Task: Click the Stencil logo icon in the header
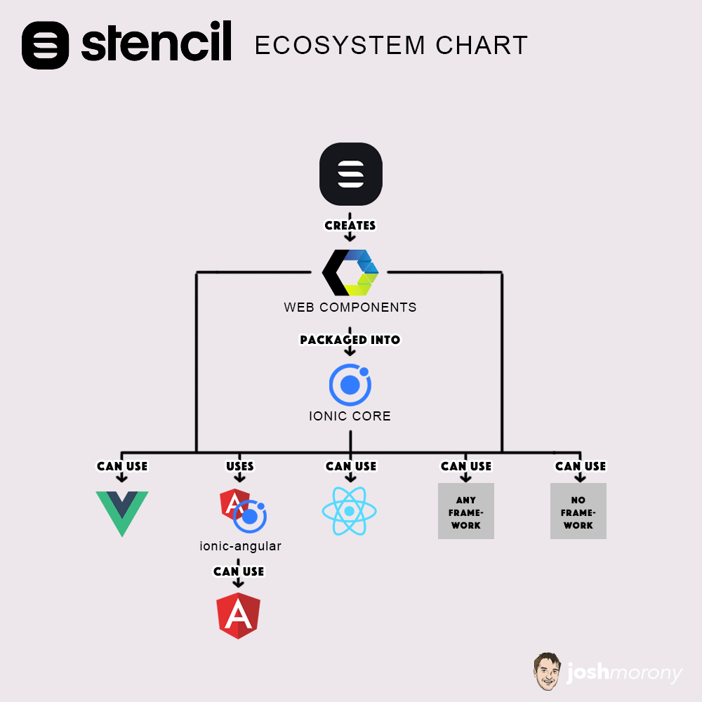[46, 45]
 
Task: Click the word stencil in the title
[156, 44]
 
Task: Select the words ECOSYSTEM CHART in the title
[390, 46]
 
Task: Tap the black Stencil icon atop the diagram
[350, 174]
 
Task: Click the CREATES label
[350, 225]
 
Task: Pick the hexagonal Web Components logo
[350, 272]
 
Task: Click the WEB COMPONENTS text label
[350, 307]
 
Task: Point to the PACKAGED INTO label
[350, 340]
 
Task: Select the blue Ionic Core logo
[350, 385]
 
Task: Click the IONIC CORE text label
[350, 416]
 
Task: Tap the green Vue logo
[122, 513]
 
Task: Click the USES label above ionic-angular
[240, 466]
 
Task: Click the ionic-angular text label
[241, 546]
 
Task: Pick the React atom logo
[349, 511]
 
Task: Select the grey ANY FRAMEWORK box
[466, 511]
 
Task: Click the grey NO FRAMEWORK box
[578, 511]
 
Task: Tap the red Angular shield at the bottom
[239, 616]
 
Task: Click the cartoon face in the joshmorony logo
[546, 670]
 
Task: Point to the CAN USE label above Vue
[122, 466]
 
